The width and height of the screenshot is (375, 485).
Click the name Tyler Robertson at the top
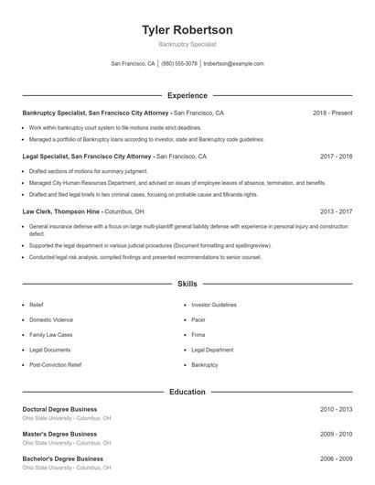coord(187,29)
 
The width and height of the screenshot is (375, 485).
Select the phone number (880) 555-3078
coord(179,64)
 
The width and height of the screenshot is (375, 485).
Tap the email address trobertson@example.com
coord(233,64)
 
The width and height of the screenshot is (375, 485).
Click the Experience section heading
coord(187,95)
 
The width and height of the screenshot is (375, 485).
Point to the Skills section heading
coord(187,285)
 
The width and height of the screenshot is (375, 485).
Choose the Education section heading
coord(187,392)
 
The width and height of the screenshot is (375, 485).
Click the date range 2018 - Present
coord(332,113)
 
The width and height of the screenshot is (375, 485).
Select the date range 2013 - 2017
coord(336,210)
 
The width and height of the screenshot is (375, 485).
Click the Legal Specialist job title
coord(87,156)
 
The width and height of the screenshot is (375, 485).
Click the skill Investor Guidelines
coord(214,305)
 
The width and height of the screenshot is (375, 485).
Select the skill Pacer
coord(198,319)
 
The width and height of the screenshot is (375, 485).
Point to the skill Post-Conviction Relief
coord(55,364)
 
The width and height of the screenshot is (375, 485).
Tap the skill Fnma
coord(198,335)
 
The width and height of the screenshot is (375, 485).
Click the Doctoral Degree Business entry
coord(59,409)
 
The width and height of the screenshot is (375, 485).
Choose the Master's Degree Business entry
coord(59,434)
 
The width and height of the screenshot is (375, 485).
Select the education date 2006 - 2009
coord(336,458)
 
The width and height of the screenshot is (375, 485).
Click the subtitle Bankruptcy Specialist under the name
coord(187,44)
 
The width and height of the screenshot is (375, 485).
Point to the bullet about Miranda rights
coord(144,194)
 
